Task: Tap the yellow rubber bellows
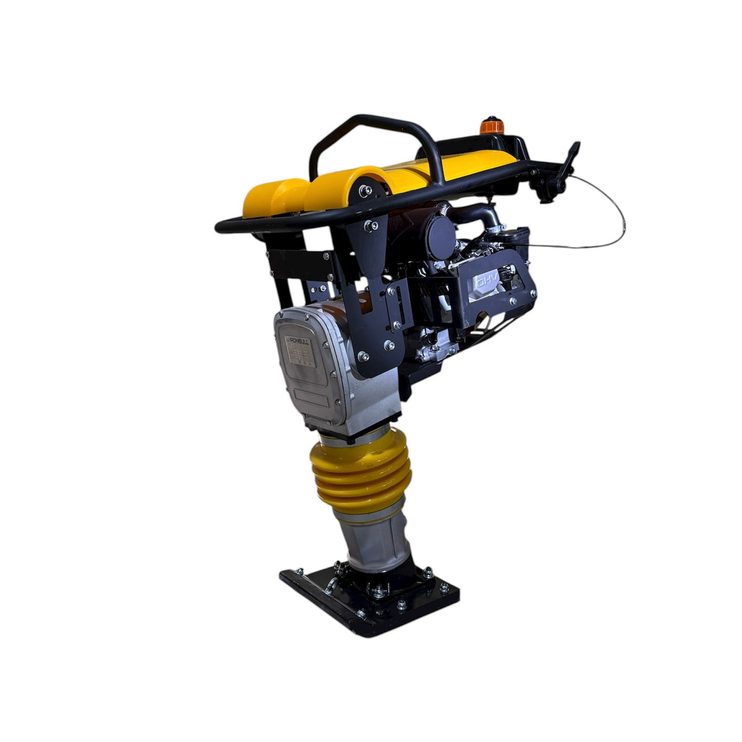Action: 353,471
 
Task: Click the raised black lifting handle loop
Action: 365,133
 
